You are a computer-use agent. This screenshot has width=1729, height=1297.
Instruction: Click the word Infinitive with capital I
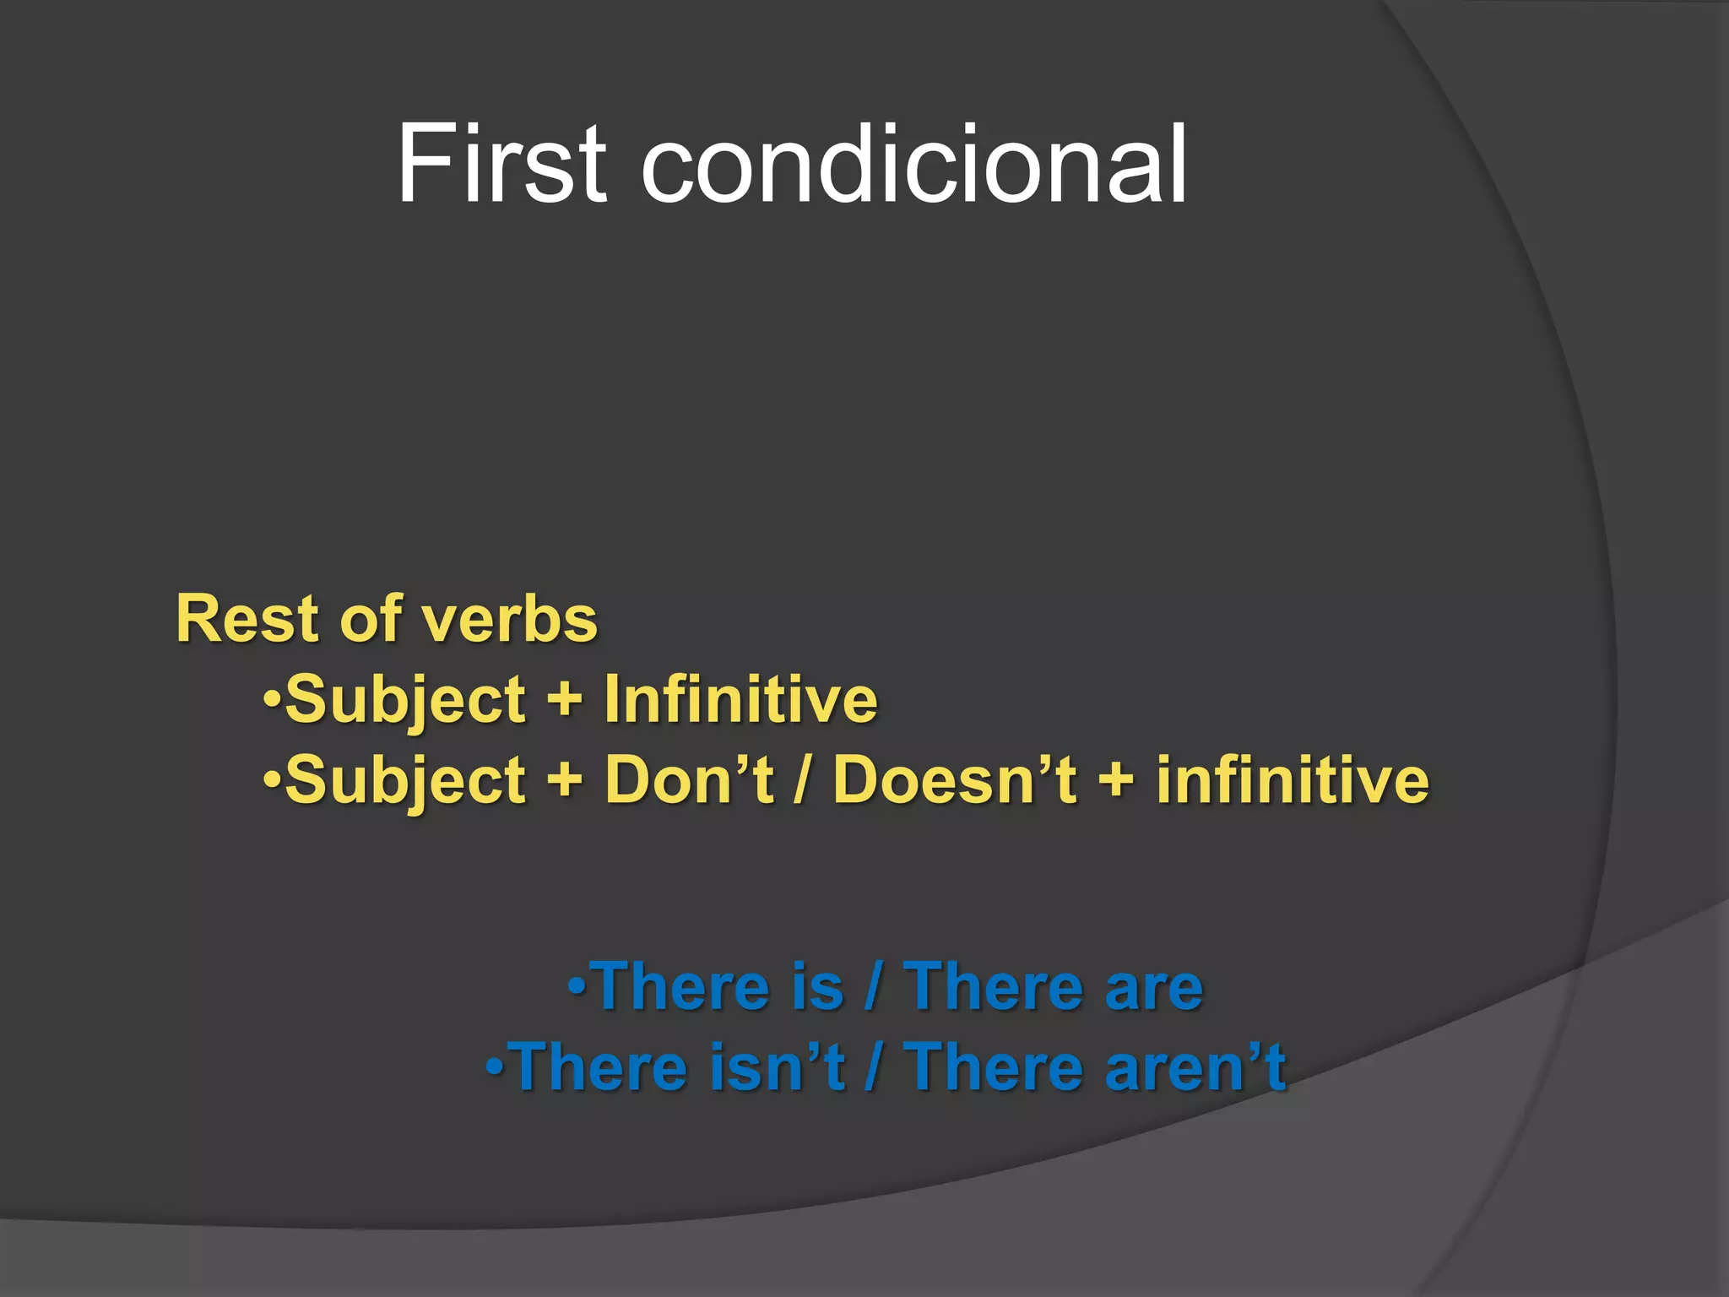coord(740,699)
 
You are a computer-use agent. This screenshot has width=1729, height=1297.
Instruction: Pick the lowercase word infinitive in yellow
coord(1293,779)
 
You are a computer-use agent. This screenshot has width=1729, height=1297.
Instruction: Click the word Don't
coord(689,779)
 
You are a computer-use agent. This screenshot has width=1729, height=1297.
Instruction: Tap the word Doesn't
coord(955,779)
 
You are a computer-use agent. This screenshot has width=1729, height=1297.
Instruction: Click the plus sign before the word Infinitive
coord(565,701)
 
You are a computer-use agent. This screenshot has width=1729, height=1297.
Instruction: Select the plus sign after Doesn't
coord(1116,781)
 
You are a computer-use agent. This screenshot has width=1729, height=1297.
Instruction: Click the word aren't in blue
coord(1195,1066)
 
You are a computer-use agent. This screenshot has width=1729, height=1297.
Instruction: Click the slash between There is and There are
coord(873,986)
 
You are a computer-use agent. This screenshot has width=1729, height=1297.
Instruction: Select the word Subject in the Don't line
coord(405,781)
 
